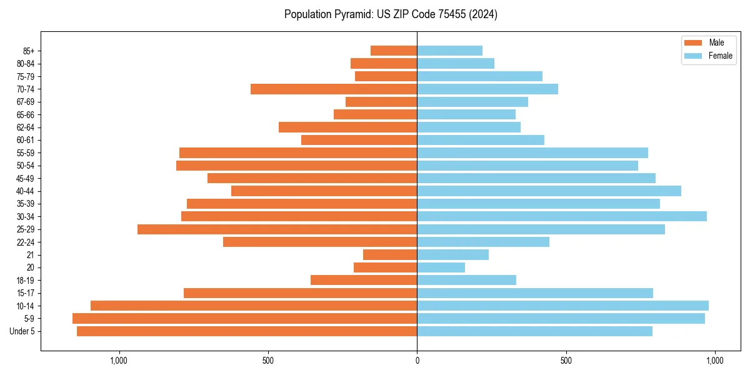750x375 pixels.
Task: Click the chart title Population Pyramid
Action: [x=391, y=14]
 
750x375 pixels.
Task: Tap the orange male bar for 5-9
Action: [x=244, y=318]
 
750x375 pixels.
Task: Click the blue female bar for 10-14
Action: [x=562, y=306]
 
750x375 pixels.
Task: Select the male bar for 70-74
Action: [x=334, y=89]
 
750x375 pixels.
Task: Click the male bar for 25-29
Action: [x=277, y=229]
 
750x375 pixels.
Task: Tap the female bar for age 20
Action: [x=441, y=267]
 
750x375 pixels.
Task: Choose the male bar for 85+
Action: [x=394, y=51]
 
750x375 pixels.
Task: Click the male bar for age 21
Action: [x=390, y=254]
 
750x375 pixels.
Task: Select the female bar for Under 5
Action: [x=534, y=331]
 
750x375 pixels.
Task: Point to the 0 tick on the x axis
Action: [x=417, y=361]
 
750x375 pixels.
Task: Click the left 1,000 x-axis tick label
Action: [x=119, y=361]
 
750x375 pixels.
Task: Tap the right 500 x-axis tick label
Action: [x=566, y=361]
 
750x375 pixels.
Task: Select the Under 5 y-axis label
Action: [x=22, y=331]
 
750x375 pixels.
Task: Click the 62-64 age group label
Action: [x=26, y=127]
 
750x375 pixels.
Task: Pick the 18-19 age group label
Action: [x=26, y=280]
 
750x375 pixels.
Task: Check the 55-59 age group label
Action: [x=26, y=152]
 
